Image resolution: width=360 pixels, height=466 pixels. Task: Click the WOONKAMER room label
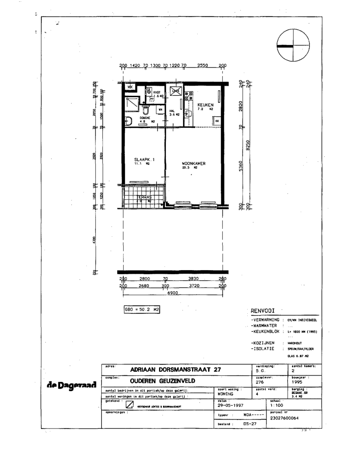pyautogui.click(x=194, y=163)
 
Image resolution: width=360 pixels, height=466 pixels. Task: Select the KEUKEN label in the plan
pyautogui.click(x=205, y=105)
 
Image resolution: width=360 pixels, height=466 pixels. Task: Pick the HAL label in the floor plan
pyautogui.click(x=172, y=111)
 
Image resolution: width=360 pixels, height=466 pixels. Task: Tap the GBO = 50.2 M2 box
pyautogui.click(x=141, y=309)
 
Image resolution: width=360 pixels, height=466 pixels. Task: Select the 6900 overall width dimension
pyautogui.click(x=173, y=294)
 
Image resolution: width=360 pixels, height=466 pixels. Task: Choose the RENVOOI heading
pyautogui.click(x=263, y=311)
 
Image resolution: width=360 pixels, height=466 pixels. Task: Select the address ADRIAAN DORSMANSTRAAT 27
pyautogui.click(x=176, y=369)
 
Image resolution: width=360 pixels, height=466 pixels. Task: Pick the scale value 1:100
pyautogui.click(x=276, y=405)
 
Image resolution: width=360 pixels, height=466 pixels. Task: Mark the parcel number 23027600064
pyautogui.click(x=284, y=418)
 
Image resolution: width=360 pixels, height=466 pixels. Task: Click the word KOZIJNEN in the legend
pyautogui.click(x=264, y=343)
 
